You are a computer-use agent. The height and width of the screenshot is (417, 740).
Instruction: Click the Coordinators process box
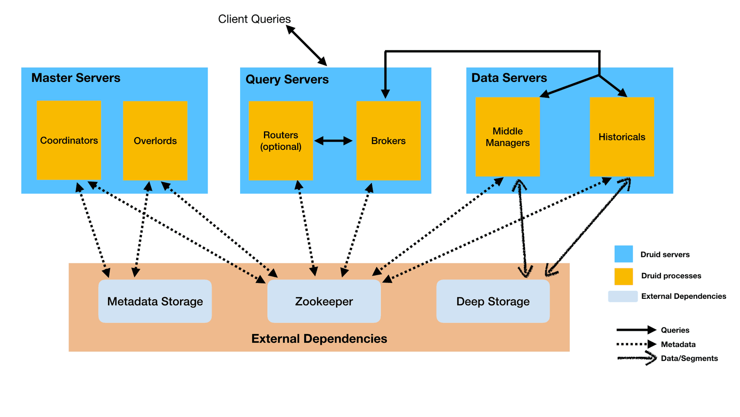69,140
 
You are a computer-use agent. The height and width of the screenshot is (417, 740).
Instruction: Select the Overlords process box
155,140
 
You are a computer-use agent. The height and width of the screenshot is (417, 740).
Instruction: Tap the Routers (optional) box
280,140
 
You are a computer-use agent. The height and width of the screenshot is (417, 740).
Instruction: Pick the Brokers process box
388,140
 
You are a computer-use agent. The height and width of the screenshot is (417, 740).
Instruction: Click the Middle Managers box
507,137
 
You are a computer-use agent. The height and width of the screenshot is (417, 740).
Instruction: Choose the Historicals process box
622,137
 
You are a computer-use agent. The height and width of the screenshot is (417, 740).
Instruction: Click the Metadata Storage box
155,301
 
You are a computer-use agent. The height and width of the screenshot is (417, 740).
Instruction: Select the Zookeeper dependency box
324,301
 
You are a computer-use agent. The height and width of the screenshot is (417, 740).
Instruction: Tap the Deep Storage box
493,301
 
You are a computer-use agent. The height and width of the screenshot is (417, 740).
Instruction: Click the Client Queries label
254,19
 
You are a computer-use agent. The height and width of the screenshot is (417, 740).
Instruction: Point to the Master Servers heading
76,78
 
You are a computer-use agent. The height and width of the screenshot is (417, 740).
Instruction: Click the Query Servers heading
287,79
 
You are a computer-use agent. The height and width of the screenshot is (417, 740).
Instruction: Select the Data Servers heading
509,78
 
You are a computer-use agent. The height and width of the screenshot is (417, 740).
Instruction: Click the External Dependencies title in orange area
319,338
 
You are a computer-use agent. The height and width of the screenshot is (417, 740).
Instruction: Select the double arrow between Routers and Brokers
333,141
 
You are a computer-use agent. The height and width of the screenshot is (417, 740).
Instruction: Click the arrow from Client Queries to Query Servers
306,45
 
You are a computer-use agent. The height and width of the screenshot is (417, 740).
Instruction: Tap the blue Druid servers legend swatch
623,254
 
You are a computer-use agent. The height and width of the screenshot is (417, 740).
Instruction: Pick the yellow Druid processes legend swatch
623,276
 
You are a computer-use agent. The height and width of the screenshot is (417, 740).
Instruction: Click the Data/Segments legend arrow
636,358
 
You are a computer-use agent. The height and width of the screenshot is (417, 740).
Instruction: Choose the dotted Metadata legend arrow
636,344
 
